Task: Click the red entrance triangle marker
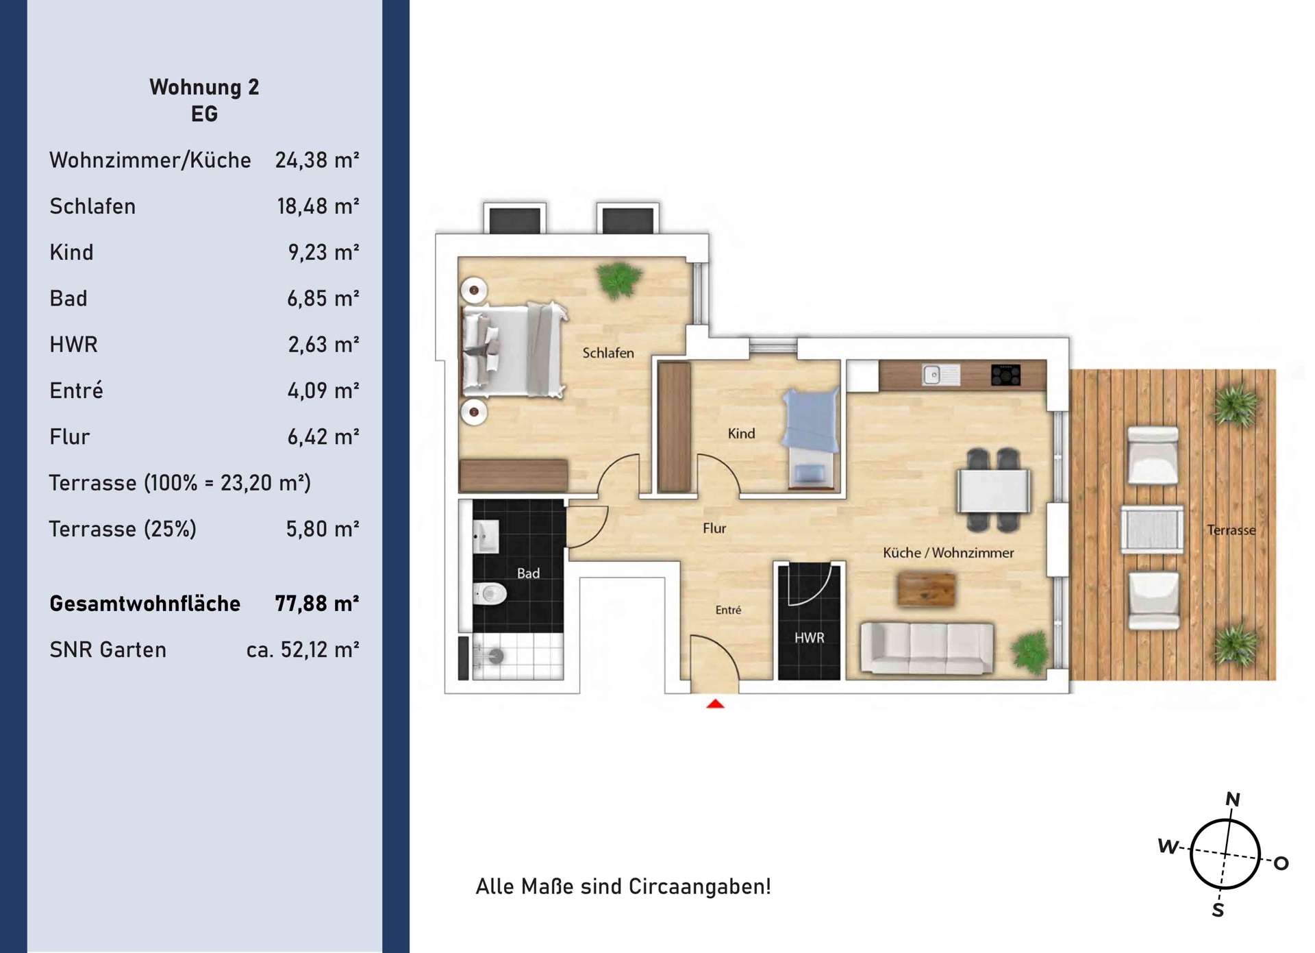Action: (x=715, y=704)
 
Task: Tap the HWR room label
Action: (x=809, y=638)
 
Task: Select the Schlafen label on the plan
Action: (x=608, y=353)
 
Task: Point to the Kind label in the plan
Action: (x=741, y=433)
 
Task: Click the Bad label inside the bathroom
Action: (x=528, y=573)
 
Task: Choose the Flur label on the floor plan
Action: (x=714, y=528)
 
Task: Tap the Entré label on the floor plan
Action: (x=728, y=610)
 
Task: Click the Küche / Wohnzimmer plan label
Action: (x=949, y=552)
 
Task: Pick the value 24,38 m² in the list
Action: (x=317, y=160)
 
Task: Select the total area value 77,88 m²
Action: (x=317, y=603)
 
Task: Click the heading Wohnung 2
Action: (x=204, y=87)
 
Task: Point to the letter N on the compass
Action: (x=1233, y=799)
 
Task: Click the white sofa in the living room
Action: (x=927, y=648)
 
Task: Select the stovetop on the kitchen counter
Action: (x=1005, y=375)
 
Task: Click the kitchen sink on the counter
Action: (x=940, y=375)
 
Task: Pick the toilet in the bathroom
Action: (x=490, y=593)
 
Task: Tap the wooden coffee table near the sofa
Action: (x=926, y=589)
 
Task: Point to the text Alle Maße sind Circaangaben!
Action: (x=623, y=886)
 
